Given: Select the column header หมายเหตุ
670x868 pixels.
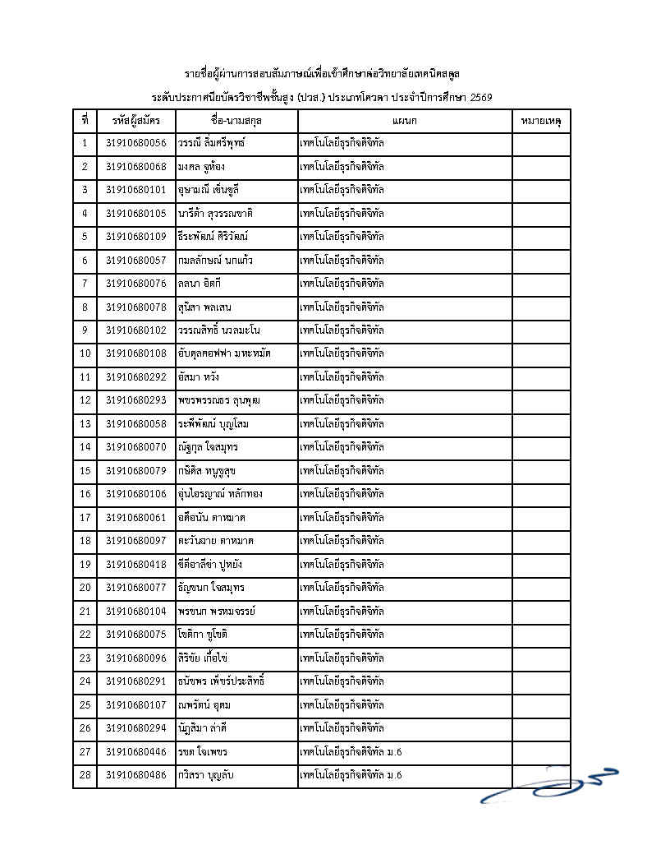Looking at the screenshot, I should click(x=540, y=121).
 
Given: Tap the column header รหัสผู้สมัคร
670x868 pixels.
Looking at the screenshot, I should click(x=135, y=121).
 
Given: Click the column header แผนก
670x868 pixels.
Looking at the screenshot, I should click(x=405, y=121).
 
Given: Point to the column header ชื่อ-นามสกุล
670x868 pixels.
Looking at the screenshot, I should click(x=236, y=121).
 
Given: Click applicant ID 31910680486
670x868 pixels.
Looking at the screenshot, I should click(x=135, y=775).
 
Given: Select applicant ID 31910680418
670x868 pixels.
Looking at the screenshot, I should click(x=135, y=565).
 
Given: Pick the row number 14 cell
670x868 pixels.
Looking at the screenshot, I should click(x=85, y=447).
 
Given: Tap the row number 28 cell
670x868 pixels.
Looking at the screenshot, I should click(x=85, y=775).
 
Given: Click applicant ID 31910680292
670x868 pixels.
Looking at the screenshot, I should click(x=135, y=377).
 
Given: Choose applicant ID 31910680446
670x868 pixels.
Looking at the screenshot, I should click(x=135, y=752).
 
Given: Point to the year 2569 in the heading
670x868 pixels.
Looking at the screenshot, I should click(x=480, y=98).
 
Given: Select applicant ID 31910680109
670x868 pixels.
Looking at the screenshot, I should click(x=135, y=237).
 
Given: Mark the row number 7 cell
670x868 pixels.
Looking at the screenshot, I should click(x=85, y=284).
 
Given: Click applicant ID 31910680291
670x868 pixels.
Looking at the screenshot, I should click(x=135, y=681).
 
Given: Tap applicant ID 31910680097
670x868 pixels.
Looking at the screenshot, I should click(x=135, y=541).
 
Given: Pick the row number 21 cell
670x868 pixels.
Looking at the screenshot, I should click(x=85, y=612).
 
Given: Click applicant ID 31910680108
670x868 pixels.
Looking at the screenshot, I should click(x=135, y=353).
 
